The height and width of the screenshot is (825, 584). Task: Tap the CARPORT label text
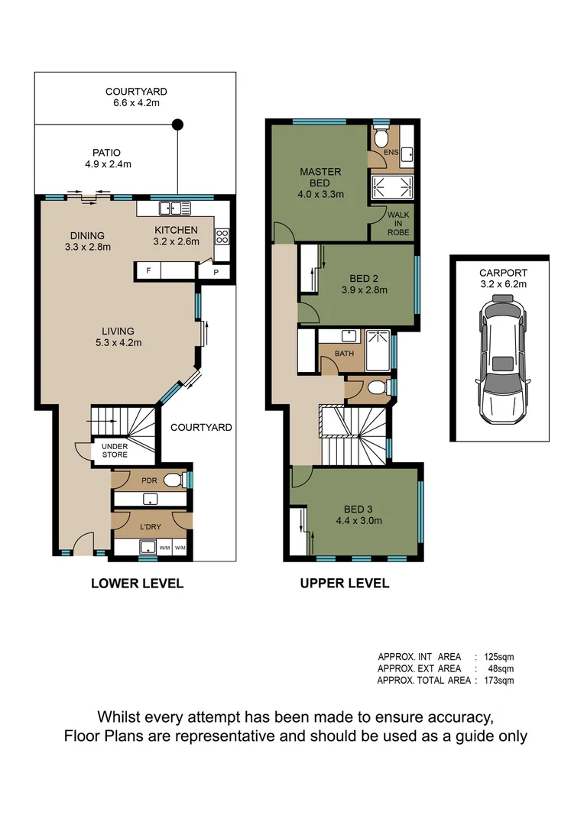pos(503,273)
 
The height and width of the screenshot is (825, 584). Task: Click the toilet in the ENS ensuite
pos(380,141)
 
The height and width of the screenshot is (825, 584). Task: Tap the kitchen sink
pos(174,208)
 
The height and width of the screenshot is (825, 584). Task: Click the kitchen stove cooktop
pos(222,235)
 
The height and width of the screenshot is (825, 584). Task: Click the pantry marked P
pos(216,272)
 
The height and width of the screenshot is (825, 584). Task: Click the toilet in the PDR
pos(173,480)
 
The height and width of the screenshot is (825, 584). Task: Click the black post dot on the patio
pos(177,125)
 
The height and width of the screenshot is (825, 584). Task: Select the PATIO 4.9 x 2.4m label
pos(106,158)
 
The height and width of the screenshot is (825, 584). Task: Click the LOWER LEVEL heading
pos(137,584)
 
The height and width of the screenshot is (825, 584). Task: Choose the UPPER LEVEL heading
pos(344,584)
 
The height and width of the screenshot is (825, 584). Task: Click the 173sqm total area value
pos(501,680)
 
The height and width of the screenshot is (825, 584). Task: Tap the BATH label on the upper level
pos(344,354)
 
